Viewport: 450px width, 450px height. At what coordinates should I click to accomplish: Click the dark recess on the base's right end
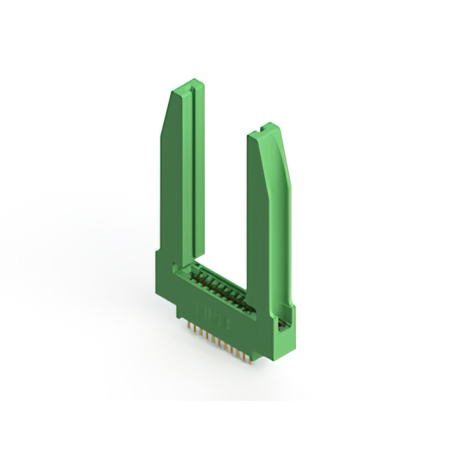(x=282, y=323)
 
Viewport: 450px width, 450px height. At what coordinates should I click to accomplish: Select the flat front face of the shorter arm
(x=257, y=225)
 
